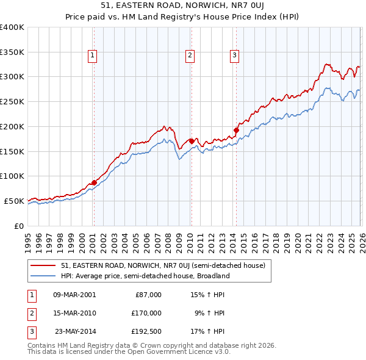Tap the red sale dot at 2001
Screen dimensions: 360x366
94,182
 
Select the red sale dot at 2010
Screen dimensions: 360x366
191,141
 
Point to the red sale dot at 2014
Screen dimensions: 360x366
236,130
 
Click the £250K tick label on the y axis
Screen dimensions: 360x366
12,102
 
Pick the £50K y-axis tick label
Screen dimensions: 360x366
13,201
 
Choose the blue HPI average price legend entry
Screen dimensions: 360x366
145,276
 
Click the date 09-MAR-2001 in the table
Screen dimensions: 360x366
74,295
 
